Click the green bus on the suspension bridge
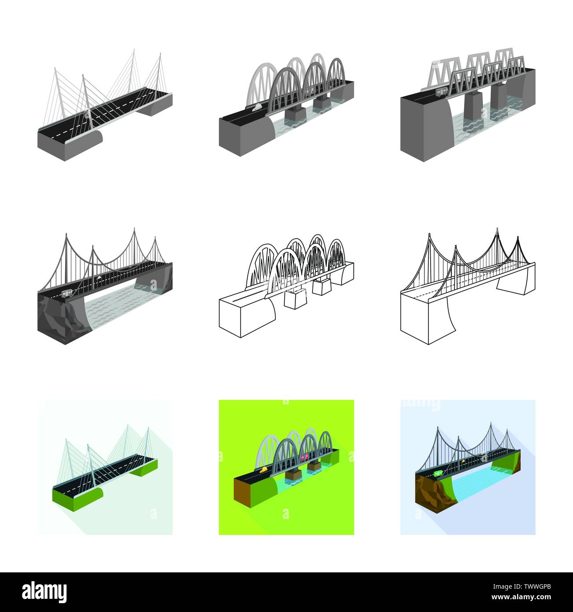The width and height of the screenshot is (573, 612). pos(438,474)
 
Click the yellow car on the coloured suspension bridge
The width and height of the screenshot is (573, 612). pos(463,461)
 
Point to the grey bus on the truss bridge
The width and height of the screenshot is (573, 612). pos(441,90)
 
